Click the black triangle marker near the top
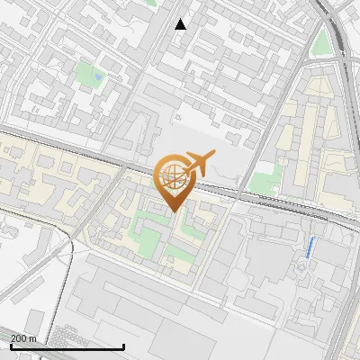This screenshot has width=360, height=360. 181,24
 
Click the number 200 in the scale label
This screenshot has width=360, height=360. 18,338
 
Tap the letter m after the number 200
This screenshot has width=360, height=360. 33,338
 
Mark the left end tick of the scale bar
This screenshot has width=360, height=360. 10,345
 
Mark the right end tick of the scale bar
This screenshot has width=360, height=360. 123,345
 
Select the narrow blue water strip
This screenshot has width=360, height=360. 310,247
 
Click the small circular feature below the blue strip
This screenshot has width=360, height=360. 300,267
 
